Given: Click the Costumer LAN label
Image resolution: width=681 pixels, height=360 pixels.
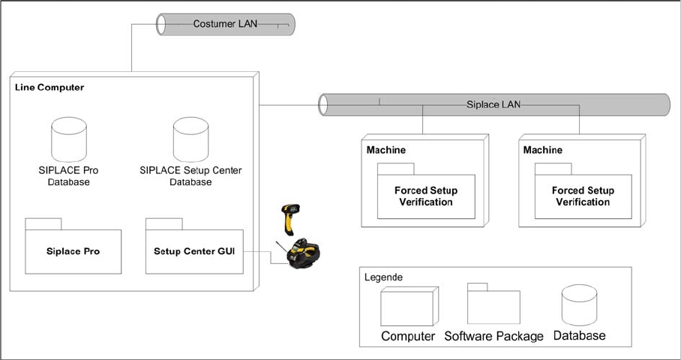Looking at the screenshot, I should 225,24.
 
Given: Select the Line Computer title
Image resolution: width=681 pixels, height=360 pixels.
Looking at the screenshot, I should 49,88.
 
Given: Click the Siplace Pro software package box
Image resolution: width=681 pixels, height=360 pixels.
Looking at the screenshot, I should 73,250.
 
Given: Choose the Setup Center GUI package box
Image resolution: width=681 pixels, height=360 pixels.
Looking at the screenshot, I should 194,250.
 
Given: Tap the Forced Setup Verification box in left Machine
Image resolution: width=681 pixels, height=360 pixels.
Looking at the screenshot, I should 426,196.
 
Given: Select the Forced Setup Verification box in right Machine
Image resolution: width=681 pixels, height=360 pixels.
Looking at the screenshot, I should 583,196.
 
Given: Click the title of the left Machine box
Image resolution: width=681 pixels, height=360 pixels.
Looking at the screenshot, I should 386,151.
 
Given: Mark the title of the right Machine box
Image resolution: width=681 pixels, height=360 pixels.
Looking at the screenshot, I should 543,151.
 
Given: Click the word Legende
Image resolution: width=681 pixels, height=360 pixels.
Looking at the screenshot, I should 383,277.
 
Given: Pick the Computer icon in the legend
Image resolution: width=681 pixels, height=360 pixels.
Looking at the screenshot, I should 406,307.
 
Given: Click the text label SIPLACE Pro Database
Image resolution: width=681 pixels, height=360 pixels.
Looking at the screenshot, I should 68,176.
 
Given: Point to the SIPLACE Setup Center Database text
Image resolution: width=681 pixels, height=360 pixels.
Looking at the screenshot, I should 190,176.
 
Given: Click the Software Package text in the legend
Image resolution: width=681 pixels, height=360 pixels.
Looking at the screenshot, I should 493,336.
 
